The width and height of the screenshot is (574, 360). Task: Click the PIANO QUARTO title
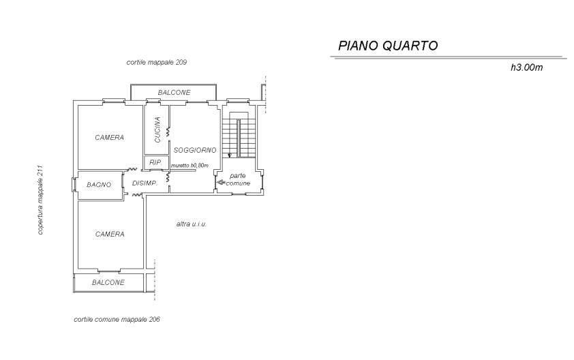pos(388,46)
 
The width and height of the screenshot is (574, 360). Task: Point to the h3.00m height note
pos(526,67)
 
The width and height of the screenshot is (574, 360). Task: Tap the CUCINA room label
pos(157,130)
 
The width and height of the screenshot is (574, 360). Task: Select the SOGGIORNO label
pos(195,150)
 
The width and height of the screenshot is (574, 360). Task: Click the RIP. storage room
pos(155,162)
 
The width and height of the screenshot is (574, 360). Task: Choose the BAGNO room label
pos(99,185)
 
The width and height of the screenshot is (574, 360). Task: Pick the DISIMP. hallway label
pos(145,183)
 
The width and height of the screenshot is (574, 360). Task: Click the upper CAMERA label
pos(110,138)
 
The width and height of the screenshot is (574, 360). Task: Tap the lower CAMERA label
pos(110,235)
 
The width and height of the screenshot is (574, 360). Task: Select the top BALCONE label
pos(175,93)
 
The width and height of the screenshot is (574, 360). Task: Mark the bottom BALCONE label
pos(108,283)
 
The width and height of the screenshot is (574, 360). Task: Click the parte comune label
pos(239,179)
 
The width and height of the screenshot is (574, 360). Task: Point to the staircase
pos(239,135)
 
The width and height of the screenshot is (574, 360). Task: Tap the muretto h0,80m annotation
pos(190,166)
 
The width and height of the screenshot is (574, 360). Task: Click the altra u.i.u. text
pos(192,224)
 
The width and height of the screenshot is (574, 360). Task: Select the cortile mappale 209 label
pos(157,62)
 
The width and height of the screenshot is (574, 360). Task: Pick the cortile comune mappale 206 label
pos(117,319)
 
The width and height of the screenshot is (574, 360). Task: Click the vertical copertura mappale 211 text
pos(40,200)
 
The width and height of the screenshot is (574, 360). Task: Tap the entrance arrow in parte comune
pos(221,182)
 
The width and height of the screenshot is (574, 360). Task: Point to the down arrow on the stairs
pos(230,154)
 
